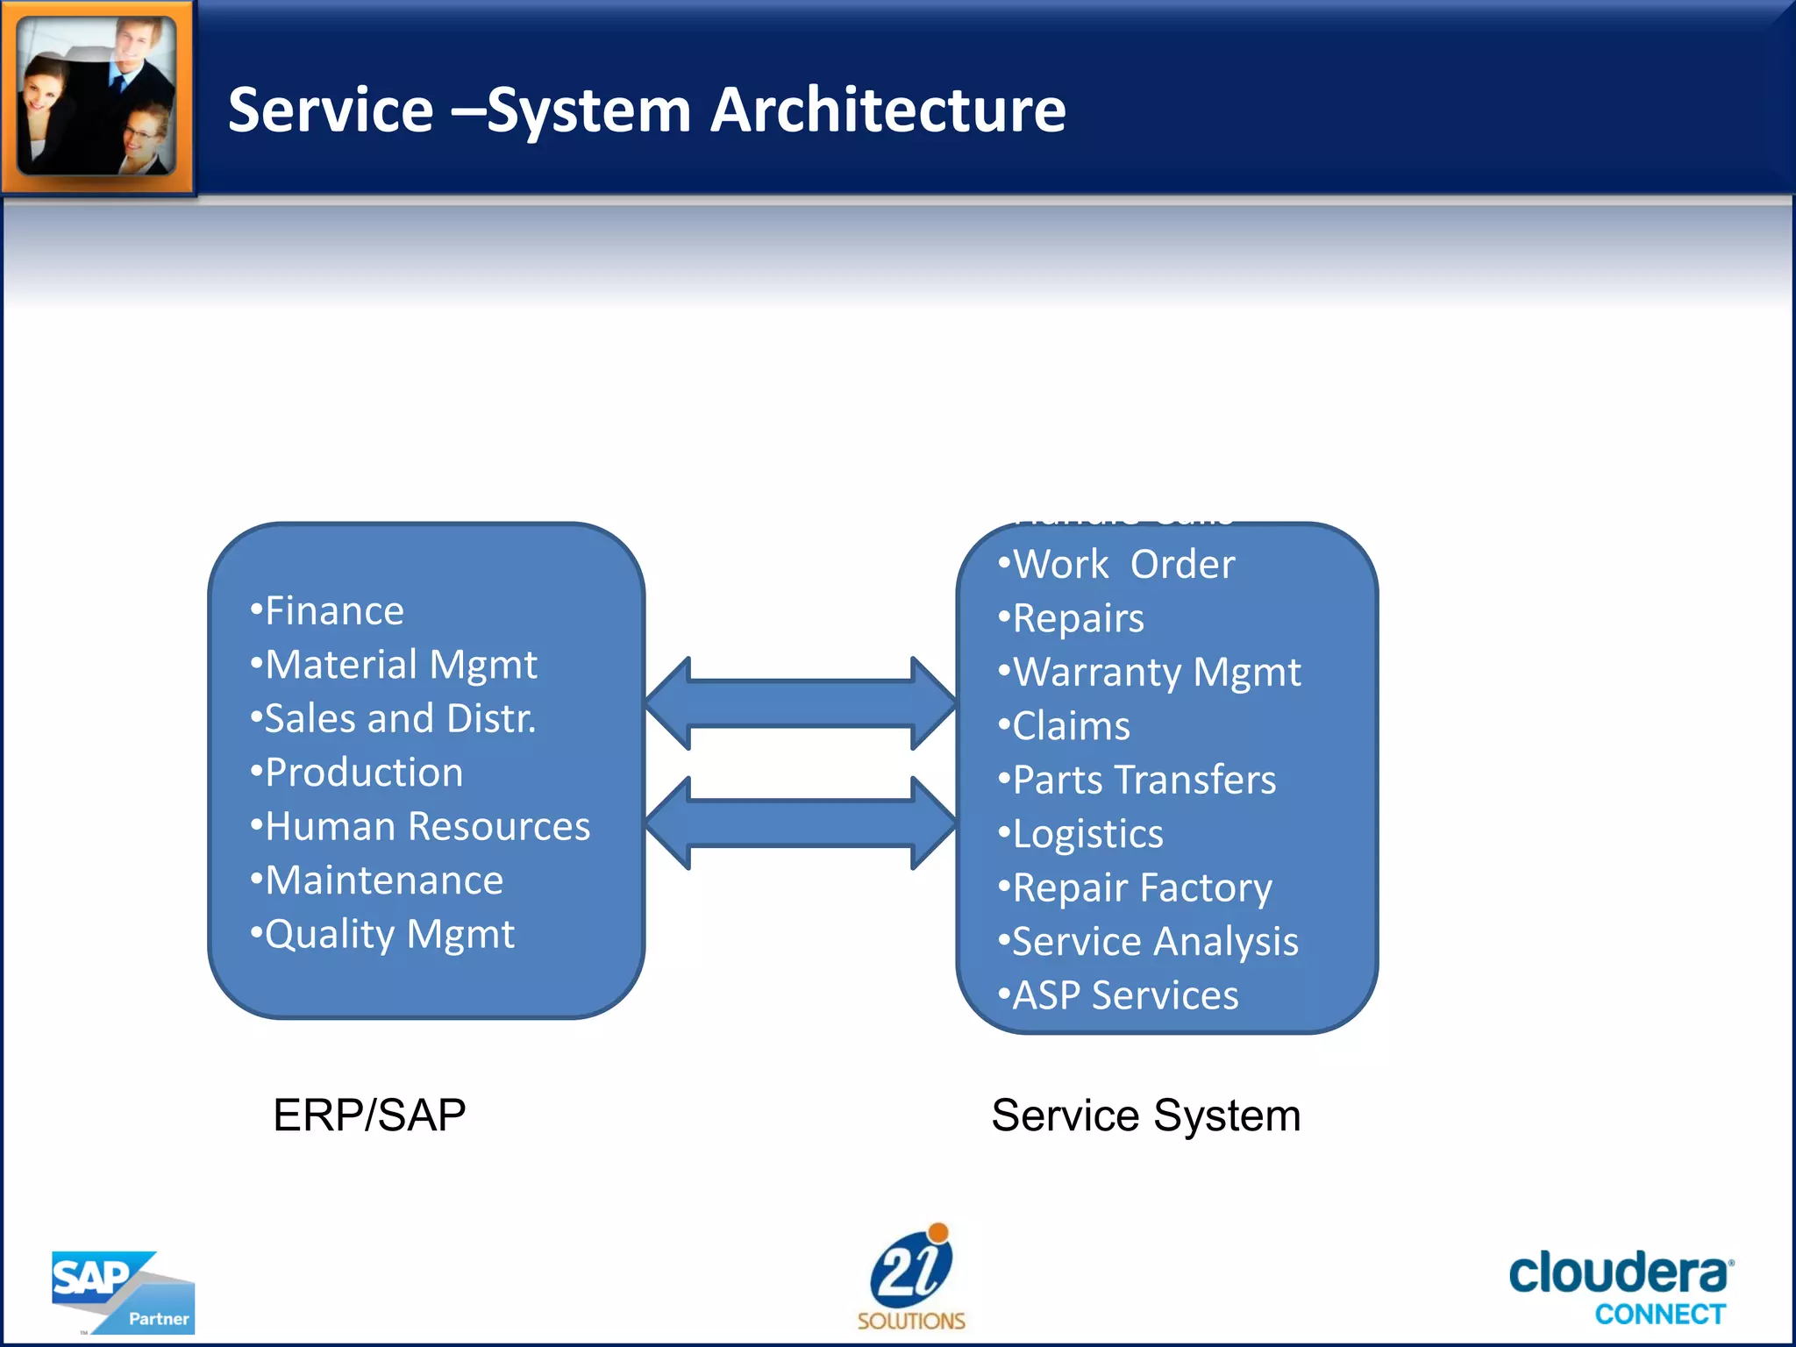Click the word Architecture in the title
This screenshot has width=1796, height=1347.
(x=887, y=110)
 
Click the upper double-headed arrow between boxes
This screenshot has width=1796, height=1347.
(x=800, y=703)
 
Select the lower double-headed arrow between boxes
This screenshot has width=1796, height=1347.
(x=800, y=823)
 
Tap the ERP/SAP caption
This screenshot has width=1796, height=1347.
(x=369, y=1115)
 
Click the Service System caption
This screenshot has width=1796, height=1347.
(x=1145, y=1115)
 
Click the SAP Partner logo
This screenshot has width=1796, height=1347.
(x=122, y=1292)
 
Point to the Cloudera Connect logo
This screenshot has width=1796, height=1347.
(x=1621, y=1286)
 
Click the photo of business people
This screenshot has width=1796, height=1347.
(x=97, y=96)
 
